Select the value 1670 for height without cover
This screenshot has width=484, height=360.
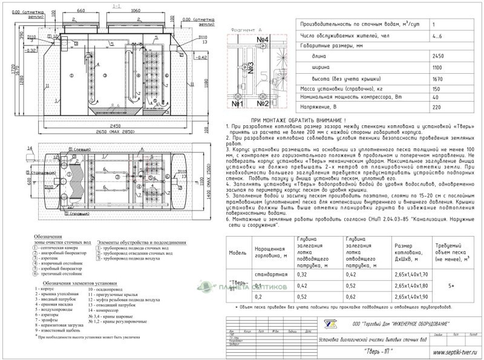pos(435,79)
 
